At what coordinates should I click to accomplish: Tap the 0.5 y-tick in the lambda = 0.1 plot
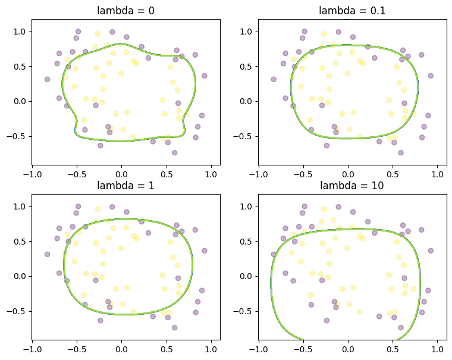pos(247,66)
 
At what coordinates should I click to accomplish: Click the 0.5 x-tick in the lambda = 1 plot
pos(167,350)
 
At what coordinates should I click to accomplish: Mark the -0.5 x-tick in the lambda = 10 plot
pos(303,350)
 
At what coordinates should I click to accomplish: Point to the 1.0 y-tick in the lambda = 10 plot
pos(247,206)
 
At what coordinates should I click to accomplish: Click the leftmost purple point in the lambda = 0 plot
pos(47,79)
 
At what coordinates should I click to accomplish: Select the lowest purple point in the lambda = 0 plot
pos(174,152)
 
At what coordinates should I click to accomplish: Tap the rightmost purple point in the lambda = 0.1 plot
pos(431,76)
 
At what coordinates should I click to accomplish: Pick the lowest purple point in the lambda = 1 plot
pos(174,327)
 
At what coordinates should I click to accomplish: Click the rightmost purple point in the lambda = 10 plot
pos(431,251)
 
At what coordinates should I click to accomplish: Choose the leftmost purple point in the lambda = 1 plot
pos(47,254)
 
